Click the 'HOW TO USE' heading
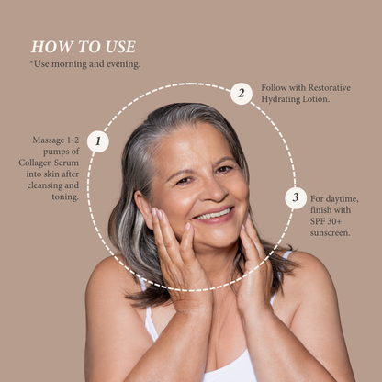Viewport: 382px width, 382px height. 83,47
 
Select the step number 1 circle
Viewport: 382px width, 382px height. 98,141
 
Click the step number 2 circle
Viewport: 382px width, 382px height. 241,93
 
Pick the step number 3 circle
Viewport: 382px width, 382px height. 294,197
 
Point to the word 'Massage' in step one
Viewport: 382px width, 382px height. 47,140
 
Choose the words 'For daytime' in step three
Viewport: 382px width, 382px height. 335,197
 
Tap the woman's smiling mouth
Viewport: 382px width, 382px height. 213,214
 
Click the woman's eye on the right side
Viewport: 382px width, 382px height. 224,169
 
